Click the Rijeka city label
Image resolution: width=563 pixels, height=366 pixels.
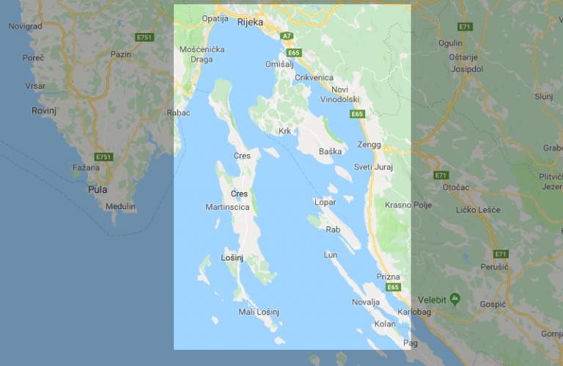[250, 22]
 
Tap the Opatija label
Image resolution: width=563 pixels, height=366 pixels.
[215, 18]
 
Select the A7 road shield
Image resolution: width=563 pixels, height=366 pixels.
[287, 35]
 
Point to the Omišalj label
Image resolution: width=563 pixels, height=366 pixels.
[280, 65]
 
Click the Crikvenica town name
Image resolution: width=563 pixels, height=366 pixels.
[314, 78]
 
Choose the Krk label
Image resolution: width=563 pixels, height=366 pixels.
[284, 131]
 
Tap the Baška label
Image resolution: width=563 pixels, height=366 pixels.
[331, 152]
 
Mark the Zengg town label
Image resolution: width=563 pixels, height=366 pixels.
[369, 144]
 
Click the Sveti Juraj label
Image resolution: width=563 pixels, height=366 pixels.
[374, 167]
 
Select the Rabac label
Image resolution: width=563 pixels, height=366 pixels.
[178, 113]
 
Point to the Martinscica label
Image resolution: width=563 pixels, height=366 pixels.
[227, 208]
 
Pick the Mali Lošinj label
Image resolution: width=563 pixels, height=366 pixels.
[259, 312]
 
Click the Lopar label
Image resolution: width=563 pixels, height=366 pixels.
[325, 202]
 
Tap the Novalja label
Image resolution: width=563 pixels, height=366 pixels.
[366, 302]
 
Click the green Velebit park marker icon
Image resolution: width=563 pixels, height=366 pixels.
[455, 299]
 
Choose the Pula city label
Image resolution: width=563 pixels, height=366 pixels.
[97, 189]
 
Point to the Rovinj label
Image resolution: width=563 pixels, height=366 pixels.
[44, 110]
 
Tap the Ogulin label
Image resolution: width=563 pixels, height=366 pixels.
[451, 43]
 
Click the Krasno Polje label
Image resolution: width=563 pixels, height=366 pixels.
[408, 205]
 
